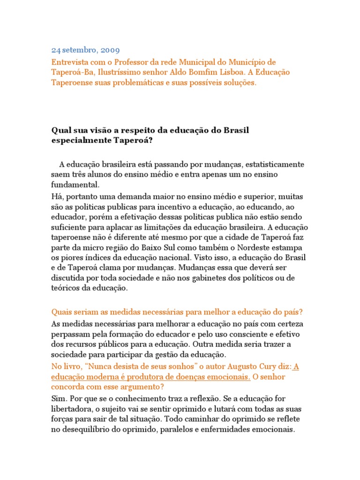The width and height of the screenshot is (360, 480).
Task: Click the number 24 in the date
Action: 56,49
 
